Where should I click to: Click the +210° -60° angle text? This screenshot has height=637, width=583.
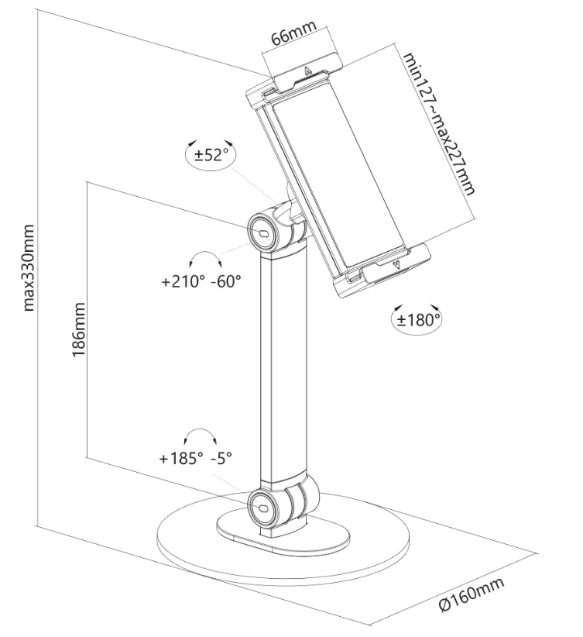pos(201,282)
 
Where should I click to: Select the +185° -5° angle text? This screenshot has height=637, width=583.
pos(196,459)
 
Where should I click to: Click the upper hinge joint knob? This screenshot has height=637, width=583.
pos(263,229)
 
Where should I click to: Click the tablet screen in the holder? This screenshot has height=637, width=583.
pos(333,178)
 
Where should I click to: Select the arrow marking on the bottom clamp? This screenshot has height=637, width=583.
pos(397,264)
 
